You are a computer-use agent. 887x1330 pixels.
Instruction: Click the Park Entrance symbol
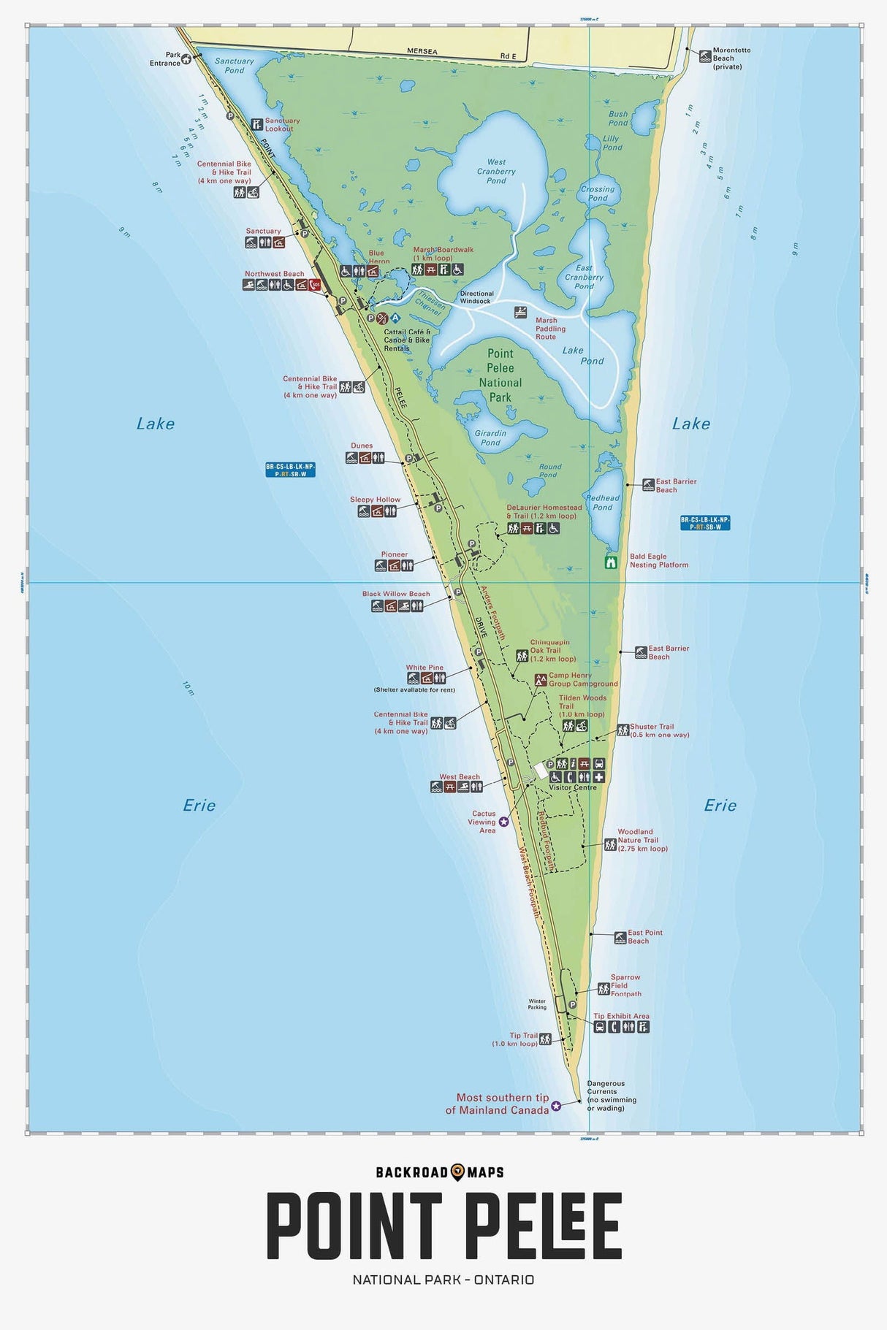[186, 59]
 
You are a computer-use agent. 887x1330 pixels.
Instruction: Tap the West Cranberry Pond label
[496, 172]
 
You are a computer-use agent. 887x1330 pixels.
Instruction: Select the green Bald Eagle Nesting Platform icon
[612, 562]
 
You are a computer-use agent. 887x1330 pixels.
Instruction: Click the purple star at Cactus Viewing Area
[503, 822]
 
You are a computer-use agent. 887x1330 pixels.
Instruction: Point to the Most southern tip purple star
[556, 1106]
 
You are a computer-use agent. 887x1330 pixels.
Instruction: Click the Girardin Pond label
[490, 437]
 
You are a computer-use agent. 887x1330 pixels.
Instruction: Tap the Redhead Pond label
[602, 502]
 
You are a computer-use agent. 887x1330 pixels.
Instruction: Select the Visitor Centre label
[572, 787]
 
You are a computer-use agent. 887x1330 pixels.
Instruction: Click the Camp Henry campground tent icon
[541, 679]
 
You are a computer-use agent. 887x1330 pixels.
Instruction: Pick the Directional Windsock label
[476, 297]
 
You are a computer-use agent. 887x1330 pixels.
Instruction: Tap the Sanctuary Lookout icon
[256, 124]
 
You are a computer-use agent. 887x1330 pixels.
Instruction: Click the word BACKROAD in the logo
[411, 1172]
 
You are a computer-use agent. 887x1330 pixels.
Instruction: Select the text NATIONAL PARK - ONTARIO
[443, 1280]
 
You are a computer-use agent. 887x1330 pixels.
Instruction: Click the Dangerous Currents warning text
[611, 1096]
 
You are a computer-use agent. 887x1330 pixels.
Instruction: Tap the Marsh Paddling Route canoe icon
[520, 313]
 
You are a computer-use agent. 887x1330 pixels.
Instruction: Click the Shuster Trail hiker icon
[623, 730]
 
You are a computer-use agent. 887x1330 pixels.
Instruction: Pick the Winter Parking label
[537, 1004]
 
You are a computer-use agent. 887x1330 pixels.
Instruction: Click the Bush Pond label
[618, 118]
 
